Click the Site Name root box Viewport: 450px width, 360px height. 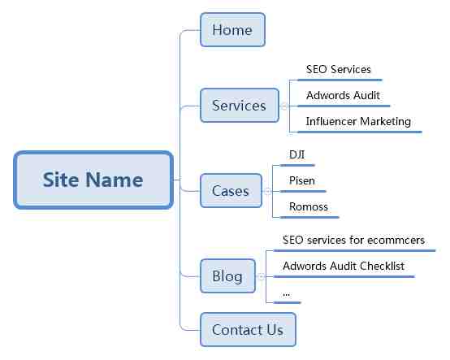tap(93, 180)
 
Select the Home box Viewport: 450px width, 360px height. tap(232, 30)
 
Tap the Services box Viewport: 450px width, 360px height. tap(240, 106)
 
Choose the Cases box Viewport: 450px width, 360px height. tap(231, 191)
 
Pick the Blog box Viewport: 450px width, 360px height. tap(227, 275)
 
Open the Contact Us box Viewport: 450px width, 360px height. tap(248, 330)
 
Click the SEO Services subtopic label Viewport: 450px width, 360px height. tap(339, 69)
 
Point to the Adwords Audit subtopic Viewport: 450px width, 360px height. tap(343, 95)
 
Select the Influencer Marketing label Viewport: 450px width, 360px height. tap(358, 121)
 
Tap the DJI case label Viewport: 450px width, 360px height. tap(296, 154)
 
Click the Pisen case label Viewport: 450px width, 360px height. tap(302, 180)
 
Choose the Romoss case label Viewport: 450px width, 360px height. tap(309, 206)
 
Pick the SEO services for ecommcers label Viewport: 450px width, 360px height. tap(353, 240)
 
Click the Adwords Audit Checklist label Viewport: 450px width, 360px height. tap(344, 266)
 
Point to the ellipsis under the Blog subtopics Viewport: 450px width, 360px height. tap(286, 295)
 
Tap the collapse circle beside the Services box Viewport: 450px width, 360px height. tap(283, 106)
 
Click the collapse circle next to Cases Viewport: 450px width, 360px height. tap(267, 191)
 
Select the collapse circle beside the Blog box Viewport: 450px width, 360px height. tap(261, 276)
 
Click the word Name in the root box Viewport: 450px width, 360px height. tap(115, 180)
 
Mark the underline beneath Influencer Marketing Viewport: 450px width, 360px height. tap(360, 132)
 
